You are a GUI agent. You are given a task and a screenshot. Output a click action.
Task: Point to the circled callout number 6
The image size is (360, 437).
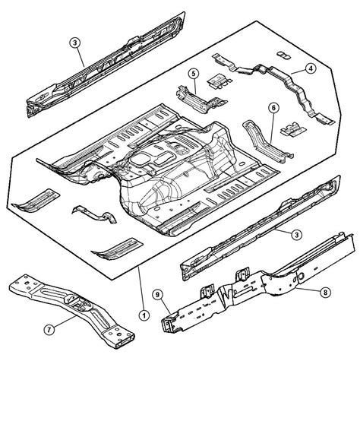tap(273, 108)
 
